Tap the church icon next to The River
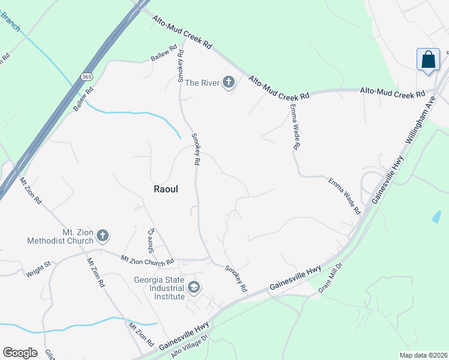pos(228,82)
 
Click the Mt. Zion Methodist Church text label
pos(61,236)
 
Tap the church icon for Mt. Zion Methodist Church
pos(103,236)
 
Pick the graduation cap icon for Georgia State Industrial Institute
pos(194,288)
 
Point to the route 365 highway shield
pos(87,77)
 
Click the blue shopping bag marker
pos(428,60)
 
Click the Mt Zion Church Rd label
pos(147,260)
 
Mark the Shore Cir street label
pos(152,239)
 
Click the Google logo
pos(20,353)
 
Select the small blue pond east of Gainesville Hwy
pos(436,217)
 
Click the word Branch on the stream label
pos(11,22)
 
